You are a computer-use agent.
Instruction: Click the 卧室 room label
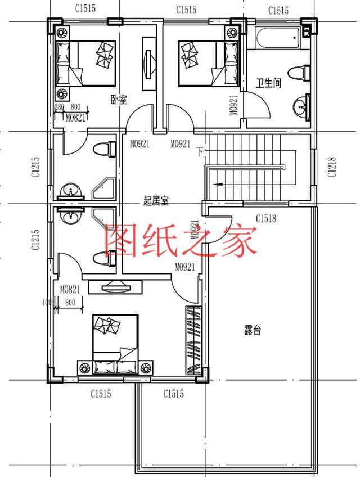tap(119, 100)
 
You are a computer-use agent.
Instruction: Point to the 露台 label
tap(253, 330)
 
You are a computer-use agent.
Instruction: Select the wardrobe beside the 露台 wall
tap(193, 340)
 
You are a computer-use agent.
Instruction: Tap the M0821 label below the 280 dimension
tap(75, 118)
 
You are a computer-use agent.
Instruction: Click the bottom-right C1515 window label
tap(173, 394)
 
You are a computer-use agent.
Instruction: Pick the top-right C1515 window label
tap(278, 11)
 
